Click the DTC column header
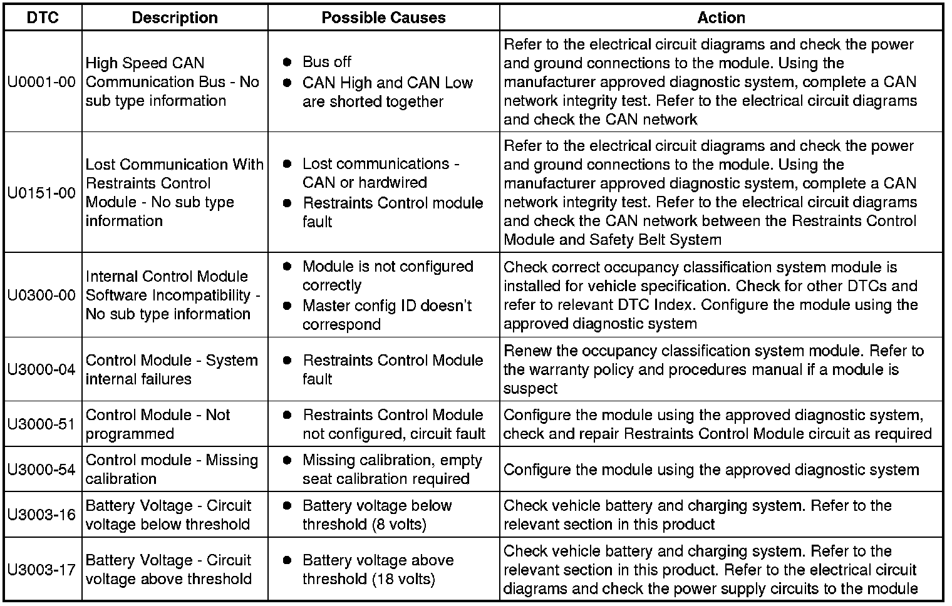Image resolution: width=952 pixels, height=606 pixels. tap(43, 18)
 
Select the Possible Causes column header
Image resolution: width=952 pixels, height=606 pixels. tap(383, 18)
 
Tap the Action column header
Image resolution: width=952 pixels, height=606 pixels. tap(721, 18)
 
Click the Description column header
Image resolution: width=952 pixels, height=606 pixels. tap(175, 18)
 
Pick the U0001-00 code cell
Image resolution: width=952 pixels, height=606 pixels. tap(42, 82)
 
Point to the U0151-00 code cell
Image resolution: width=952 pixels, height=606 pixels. tap(42, 192)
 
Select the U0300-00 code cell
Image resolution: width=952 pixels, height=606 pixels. tap(42, 295)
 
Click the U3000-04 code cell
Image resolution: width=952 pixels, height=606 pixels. tap(42, 369)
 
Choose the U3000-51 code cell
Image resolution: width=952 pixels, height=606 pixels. tap(42, 424)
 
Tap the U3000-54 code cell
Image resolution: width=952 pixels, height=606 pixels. tap(42, 470)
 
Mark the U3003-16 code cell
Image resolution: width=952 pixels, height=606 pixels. tap(42, 515)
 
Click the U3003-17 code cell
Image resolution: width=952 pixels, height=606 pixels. tap(42, 570)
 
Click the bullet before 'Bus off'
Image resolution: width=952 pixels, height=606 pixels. tap(287, 62)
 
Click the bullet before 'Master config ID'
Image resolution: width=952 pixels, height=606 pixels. tap(287, 306)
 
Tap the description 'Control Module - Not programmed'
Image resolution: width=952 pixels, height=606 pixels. tap(158, 424)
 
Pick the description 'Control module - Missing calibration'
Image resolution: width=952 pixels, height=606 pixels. tap(172, 470)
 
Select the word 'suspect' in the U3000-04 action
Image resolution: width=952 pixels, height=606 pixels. tap(530, 389)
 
